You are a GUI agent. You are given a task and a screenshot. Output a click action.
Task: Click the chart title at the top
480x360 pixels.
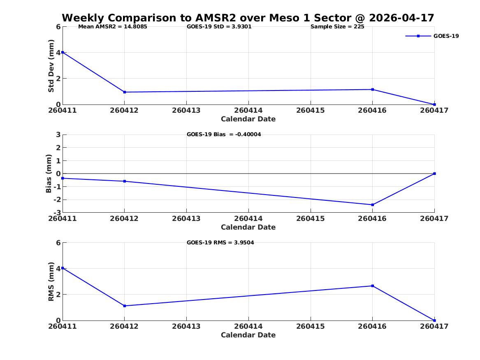pyautogui.click(x=248, y=18)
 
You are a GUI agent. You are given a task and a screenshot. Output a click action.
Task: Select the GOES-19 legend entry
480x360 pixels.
pyautogui.click(x=432, y=36)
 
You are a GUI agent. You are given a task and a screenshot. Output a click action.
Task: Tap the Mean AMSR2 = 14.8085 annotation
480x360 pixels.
pyautogui.click(x=113, y=27)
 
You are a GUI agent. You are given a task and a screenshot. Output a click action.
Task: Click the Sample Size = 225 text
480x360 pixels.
pyautogui.click(x=337, y=27)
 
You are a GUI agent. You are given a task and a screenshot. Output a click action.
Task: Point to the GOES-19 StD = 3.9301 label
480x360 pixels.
pyautogui.click(x=219, y=27)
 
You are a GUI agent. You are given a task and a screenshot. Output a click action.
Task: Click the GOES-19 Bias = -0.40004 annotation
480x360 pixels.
pyautogui.click(x=224, y=135)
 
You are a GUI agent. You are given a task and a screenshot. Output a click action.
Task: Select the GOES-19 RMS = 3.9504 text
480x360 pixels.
pyautogui.click(x=220, y=242)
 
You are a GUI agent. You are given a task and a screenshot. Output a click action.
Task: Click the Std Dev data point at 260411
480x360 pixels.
pyautogui.click(x=63, y=52)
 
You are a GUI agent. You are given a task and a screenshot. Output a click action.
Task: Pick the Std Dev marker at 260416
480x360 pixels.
pyautogui.click(x=373, y=89)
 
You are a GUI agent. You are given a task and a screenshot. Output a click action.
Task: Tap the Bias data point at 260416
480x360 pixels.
pyautogui.click(x=373, y=205)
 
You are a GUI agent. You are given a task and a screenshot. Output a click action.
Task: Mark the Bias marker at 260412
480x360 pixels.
pyautogui.click(x=125, y=181)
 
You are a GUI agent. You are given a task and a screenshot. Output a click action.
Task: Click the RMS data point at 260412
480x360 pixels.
pyautogui.click(x=125, y=306)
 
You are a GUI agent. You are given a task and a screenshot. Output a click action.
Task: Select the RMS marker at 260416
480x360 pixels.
pyautogui.click(x=373, y=286)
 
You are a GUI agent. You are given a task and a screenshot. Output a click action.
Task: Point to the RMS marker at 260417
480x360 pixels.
pyautogui.click(x=434, y=321)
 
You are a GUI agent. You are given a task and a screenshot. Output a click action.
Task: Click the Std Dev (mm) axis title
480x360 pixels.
pyautogui.click(x=51, y=66)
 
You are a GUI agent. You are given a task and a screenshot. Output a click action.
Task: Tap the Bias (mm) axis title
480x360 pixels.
pyautogui.click(x=49, y=174)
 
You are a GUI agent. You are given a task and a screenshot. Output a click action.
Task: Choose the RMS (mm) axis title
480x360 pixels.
pyautogui.click(x=51, y=282)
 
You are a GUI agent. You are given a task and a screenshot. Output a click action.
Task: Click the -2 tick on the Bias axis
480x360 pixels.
pyautogui.click(x=57, y=200)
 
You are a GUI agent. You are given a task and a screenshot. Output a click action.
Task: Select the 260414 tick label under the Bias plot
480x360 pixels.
pyautogui.click(x=248, y=218)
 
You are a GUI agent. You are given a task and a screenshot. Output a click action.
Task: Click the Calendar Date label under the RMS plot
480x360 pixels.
pyautogui.click(x=248, y=335)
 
